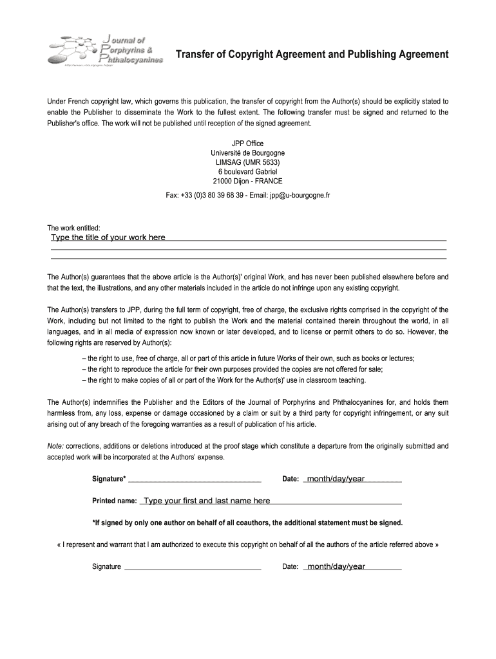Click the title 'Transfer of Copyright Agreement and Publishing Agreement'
tap(312, 55)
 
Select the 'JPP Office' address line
tap(247, 143)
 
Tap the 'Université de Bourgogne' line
tap(247, 153)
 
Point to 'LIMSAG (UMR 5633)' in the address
tap(247, 162)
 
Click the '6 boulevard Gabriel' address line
tap(247, 172)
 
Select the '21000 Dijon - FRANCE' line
tap(247, 181)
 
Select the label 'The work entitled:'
tap(74, 228)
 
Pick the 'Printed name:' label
tap(114, 501)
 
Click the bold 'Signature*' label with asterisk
tap(109, 479)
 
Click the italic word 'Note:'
tap(55, 445)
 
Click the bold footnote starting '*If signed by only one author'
tap(247, 523)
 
